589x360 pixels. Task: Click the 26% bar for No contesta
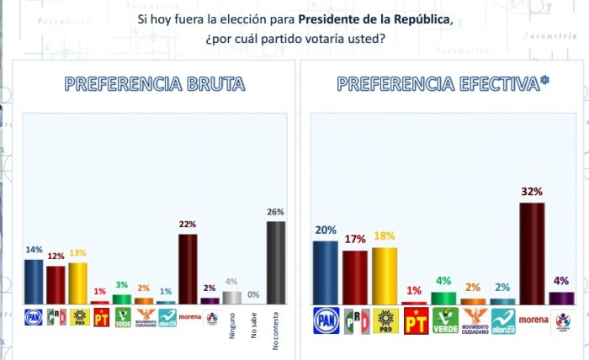coord(276,262)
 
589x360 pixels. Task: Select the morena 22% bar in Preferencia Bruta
coord(188,268)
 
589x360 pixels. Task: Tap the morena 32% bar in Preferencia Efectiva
coord(531,253)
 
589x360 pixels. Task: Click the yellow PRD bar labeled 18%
coord(384,275)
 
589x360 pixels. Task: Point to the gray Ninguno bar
coord(232,297)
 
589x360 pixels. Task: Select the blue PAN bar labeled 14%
coord(34,281)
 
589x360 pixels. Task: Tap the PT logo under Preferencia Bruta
coord(101,317)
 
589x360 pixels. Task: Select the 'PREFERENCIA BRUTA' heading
coord(155,84)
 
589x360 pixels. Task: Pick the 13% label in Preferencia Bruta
coord(78,253)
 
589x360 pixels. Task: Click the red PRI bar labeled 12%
coord(56,284)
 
